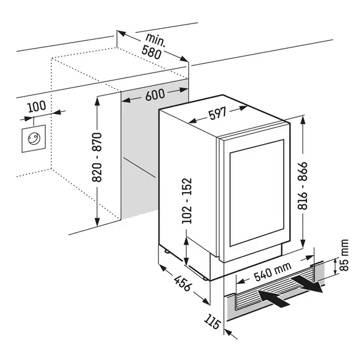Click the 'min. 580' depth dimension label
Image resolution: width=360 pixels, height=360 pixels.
152,47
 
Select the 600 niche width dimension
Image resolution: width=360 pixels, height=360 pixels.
155,94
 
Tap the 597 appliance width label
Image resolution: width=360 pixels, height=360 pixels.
218,113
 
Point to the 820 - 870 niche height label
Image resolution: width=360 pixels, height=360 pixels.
97,157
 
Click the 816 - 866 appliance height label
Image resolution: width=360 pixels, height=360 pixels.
302,185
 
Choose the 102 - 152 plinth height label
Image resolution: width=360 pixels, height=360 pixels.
187,200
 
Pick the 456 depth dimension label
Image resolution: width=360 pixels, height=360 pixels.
182,283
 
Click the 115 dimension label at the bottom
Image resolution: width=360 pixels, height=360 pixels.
212,322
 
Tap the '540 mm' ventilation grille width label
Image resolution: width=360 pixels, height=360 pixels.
272,272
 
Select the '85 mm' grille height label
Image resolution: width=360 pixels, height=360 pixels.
343,255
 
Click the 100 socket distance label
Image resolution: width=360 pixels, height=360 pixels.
37,106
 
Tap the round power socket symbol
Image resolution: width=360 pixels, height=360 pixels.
34,139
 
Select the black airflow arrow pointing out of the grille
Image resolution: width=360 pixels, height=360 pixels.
307,284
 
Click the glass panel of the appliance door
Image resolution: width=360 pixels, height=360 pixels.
257,193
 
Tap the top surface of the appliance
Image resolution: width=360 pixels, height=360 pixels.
222,116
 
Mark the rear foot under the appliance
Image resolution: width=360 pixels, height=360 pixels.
167,251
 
